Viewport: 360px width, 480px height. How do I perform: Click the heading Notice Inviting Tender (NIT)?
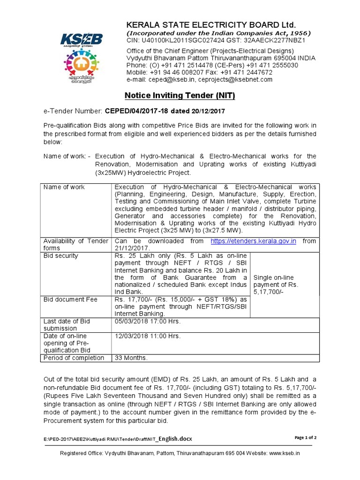pyautogui.click(x=180, y=96)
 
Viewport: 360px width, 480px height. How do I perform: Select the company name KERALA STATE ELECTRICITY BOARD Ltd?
pyautogui.click(x=211, y=24)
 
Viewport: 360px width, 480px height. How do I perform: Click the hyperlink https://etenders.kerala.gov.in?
pyautogui.click(x=253, y=241)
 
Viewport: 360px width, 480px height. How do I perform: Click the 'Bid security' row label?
pyautogui.click(x=61, y=256)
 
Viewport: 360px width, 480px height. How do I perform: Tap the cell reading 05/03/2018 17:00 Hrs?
pyautogui.click(x=148, y=321)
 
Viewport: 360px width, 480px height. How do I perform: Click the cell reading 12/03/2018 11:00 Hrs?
pyautogui.click(x=148, y=336)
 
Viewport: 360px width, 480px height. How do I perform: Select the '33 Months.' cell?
pyautogui.click(x=131, y=358)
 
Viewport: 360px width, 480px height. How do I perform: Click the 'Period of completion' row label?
pyautogui.click(x=74, y=358)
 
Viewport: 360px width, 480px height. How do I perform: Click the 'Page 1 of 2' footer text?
pyautogui.click(x=306, y=437)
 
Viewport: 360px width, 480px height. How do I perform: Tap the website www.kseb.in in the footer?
pyautogui.click(x=285, y=453)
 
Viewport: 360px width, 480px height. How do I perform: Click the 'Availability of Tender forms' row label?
pyautogui.click(x=76, y=244)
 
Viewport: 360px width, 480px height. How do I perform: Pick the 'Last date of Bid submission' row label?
pyautogui.click(x=67, y=325)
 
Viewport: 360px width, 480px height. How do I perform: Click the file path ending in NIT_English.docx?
pyautogui.click(x=117, y=438)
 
